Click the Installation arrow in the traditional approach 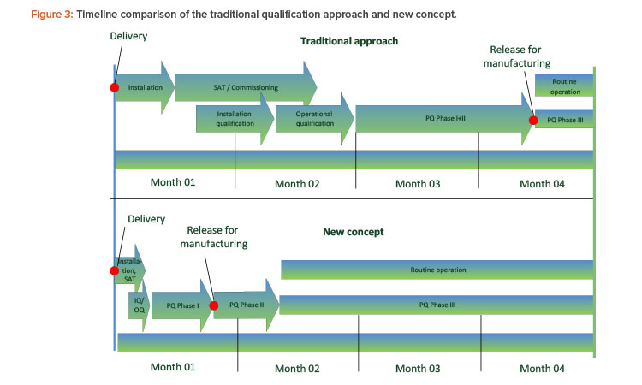[145, 87]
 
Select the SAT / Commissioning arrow [246, 87]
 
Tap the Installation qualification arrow [235, 119]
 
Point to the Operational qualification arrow [314, 119]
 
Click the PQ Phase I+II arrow [445, 119]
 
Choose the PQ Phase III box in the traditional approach [565, 119]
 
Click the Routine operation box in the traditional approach [565, 86]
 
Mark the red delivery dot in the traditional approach [115, 87]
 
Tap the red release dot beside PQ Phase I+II [533, 120]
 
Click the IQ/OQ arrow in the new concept [139, 305]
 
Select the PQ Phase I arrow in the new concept [182, 305]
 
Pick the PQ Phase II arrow [247, 305]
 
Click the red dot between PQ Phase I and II [214, 305]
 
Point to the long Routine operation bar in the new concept [437, 269]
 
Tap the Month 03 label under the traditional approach [418, 184]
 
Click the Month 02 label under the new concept [297, 369]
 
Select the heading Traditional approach [349, 41]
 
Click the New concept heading [354, 232]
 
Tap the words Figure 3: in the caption [52, 15]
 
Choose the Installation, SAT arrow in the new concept [129, 270]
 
